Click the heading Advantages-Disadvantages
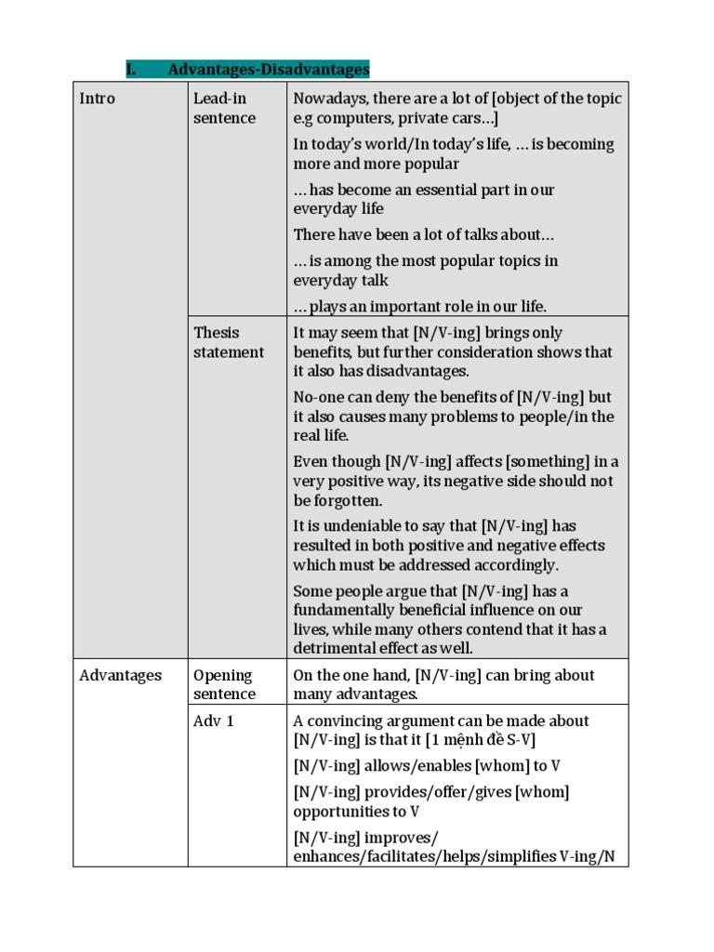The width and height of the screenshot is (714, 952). tap(269, 70)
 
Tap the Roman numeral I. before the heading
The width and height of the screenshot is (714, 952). tap(131, 70)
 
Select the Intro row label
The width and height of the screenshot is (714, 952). tap(97, 99)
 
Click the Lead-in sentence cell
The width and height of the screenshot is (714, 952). tap(224, 108)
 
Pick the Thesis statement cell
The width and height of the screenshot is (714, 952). tap(228, 342)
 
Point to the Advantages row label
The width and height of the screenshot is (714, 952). tap(120, 676)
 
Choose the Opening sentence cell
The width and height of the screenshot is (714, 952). tap(224, 685)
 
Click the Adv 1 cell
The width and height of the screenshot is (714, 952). tap(213, 721)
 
